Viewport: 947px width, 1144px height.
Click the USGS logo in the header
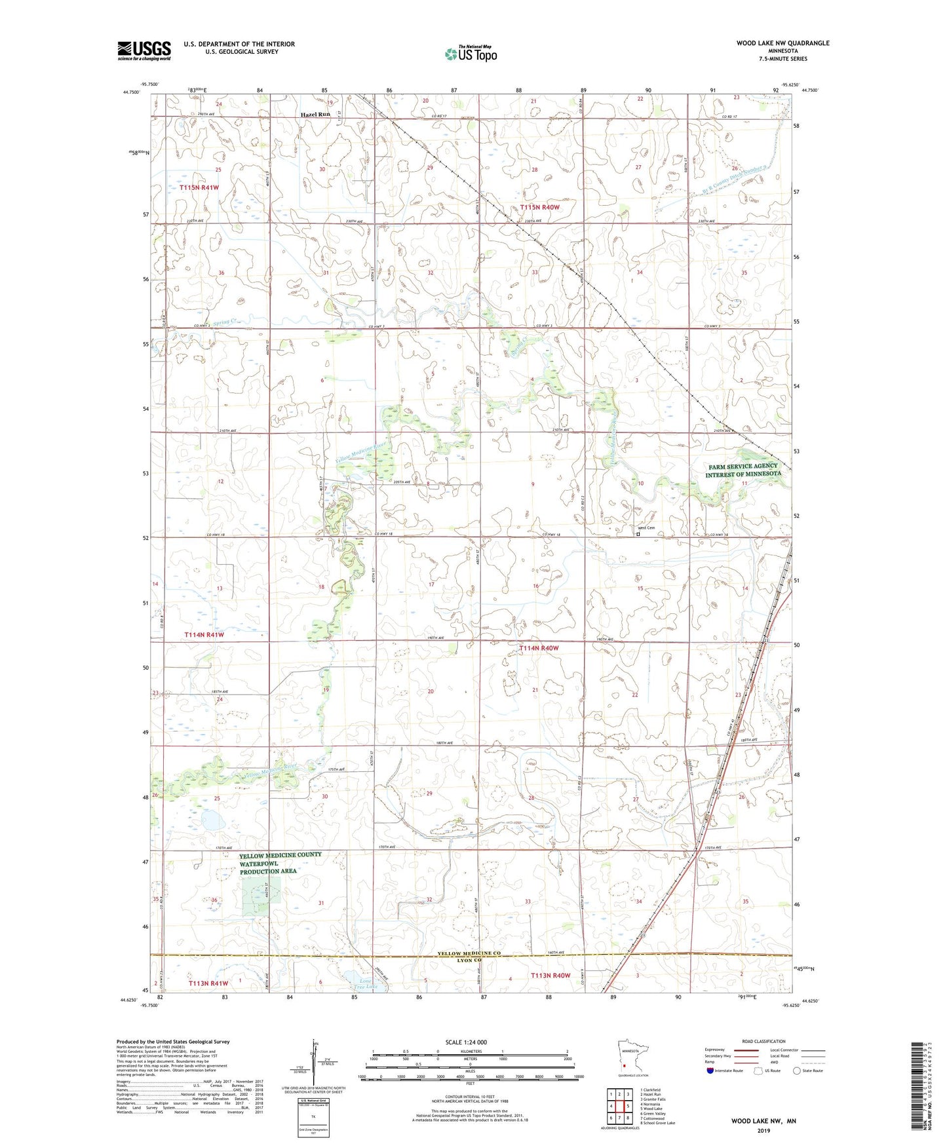144,50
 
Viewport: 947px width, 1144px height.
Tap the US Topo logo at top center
470,54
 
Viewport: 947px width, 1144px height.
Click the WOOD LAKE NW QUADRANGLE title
783,43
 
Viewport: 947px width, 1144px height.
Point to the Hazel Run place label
315,115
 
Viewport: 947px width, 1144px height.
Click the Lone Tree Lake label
366,983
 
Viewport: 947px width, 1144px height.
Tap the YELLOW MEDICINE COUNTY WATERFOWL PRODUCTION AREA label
280,863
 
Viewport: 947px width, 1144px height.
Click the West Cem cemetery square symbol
638,534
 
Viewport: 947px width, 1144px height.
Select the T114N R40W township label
539,648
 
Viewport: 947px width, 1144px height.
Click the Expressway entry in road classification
714,1050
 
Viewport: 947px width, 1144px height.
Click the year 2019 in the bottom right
763,1131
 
